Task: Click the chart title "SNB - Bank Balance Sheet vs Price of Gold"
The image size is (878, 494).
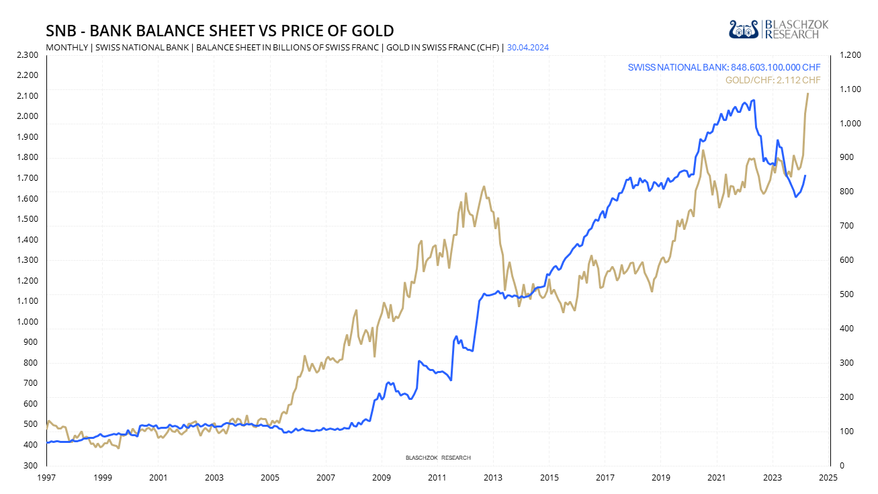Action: pos(219,31)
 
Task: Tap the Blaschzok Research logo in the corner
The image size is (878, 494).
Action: pos(779,29)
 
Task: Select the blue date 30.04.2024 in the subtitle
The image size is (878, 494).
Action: pos(528,48)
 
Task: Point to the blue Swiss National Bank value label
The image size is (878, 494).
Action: pos(724,68)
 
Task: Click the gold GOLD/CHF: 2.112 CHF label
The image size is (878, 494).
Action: pos(773,81)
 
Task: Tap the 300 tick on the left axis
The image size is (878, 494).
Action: pos(31,465)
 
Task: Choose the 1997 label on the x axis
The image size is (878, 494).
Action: pos(46,477)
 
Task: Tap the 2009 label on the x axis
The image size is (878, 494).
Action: pos(382,477)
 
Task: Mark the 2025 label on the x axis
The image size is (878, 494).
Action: pos(828,477)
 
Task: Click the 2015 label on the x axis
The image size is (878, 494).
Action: pos(549,477)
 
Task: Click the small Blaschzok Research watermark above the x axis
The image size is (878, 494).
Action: pos(438,458)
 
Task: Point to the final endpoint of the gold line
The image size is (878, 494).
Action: pos(807,93)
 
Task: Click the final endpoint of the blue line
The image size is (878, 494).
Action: pos(805,175)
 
